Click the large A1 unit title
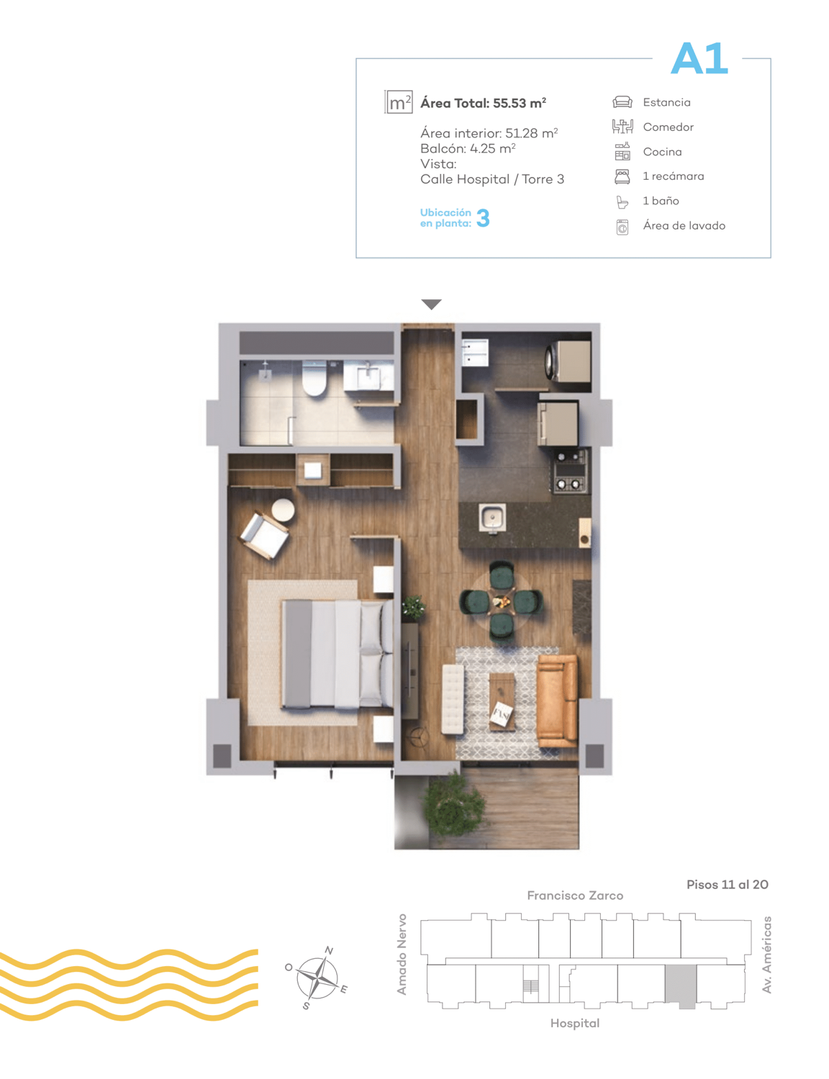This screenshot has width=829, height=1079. [699, 58]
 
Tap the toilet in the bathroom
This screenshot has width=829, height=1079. [314, 379]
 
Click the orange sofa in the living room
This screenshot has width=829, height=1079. [557, 701]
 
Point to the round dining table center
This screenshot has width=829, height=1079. [501, 601]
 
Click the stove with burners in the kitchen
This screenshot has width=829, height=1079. [571, 471]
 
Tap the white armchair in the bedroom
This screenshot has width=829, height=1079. [264, 535]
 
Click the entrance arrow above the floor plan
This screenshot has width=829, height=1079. [431, 304]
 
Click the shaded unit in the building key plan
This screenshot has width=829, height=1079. [681, 987]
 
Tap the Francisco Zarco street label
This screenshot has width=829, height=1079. [575, 896]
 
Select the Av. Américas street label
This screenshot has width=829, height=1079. [766, 955]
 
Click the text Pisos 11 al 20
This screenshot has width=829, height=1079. [728, 884]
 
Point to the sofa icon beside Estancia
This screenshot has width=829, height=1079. [622, 102]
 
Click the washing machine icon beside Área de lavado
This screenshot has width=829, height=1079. [622, 227]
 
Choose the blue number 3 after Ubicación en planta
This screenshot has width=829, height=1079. [483, 217]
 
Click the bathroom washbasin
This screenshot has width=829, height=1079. [369, 376]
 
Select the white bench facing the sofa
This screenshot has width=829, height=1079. [452, 698]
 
